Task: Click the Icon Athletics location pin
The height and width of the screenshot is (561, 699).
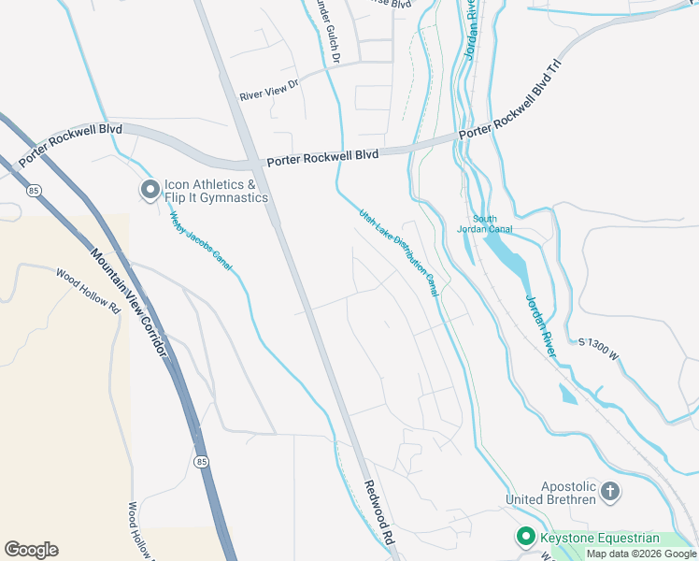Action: pos(150,191)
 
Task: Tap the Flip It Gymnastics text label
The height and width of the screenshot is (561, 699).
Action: pos(216,197)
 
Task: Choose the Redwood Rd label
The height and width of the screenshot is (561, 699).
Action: pos(379,512)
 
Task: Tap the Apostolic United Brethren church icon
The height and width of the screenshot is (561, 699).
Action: pos(609,491)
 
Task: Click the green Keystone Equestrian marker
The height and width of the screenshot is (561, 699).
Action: pos(525,537)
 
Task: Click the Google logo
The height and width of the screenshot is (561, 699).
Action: pos(31,550)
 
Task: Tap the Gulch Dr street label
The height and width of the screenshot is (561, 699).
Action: pos(328,37)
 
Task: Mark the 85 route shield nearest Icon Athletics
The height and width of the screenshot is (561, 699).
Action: pos(35,191)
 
